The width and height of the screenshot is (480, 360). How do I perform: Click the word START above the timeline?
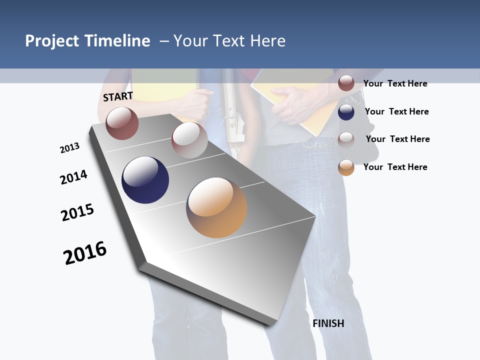pyautogui.click(x=118, y=96)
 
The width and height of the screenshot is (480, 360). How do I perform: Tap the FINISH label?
pyautogui.click(x=328, y=323)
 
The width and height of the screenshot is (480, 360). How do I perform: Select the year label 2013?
pyautogui.click(x=69, y=148)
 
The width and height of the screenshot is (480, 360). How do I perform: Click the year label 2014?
pyautogui.click(x=73, y=177)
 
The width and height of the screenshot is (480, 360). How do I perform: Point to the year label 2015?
pyautogui.click(x=77, y=212)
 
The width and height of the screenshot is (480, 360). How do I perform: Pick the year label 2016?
pyautogui.click(x=85, y=253)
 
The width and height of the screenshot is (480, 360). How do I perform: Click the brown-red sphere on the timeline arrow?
pyautogui.click(x=122, y=123)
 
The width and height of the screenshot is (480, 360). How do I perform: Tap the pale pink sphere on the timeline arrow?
pyautogui.click(x=189, y=140)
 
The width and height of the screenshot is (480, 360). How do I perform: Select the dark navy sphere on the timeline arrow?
pyautogui.click(x=145, y=180)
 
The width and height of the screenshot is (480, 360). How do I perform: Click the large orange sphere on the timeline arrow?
pyautogui.click(x=216, y=207)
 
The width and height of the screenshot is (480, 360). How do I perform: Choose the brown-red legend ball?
pyautogui.click(x=346, y=83)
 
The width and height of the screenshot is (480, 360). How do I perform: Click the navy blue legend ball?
pyautogui.click(x=346, y=112)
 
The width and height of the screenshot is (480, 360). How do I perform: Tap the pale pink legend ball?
pyautogui.click(x=346, y=139)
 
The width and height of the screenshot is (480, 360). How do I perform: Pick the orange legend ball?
pyautogui.click(x=346, y=167)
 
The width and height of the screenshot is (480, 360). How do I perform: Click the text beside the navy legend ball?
pyautogui.click(x=396, y=111)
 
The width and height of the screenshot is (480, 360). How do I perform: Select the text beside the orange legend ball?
pyautogui.click(x=395, y=167)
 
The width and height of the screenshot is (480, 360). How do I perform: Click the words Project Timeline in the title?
pyautogui.click(x=87, y=41)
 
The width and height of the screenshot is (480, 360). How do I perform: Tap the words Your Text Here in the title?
pyautogui.click(x=229, y=41)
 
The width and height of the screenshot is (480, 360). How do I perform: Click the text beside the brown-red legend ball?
pyautogui.click(x=395, y=83)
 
